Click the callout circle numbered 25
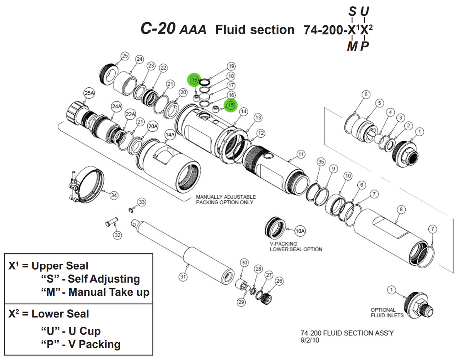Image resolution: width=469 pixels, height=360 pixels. [124, 56]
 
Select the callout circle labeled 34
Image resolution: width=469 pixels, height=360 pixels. [114, 195]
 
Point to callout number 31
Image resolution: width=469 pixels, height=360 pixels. [183, 276]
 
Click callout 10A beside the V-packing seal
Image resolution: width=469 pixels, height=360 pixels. [300, 231]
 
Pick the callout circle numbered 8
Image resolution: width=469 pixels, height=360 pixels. [401, 210]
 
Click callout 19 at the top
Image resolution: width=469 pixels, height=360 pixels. [231, 66]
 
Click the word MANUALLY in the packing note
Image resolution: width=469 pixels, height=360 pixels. [210, 197]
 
